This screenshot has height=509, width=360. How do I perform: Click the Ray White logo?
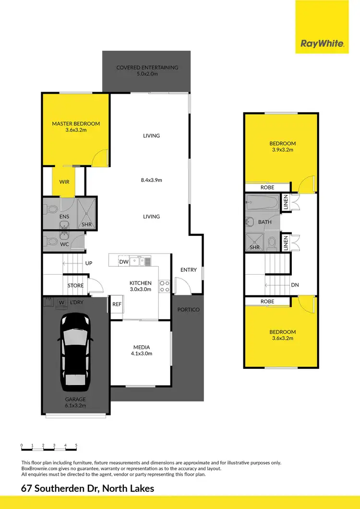(322, 44)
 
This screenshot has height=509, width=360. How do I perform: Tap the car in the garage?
(75, 352)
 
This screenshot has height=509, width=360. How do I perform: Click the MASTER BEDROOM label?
(76, 124)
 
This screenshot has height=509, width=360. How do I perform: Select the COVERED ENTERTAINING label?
(147, 68)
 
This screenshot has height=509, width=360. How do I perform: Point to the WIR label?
(64, 182)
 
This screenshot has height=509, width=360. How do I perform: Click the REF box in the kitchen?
(117, 304)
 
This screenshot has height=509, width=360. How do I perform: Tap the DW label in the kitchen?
(123, 262)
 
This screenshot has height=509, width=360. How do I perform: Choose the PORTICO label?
(188, 309)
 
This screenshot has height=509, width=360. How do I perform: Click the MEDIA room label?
(142, 347)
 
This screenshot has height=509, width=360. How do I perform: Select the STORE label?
(75, 286)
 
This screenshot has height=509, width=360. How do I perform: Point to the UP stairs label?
(89, 263)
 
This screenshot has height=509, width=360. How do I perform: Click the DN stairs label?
(295, 285)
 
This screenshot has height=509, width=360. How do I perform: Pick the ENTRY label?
(189, 270)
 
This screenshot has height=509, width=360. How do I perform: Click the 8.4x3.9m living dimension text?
(151, 181)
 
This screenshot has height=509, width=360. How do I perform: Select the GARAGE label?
(76, 399)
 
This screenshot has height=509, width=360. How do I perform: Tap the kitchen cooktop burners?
(164, 286)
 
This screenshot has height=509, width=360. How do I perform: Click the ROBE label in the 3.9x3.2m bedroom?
(267, 187)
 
